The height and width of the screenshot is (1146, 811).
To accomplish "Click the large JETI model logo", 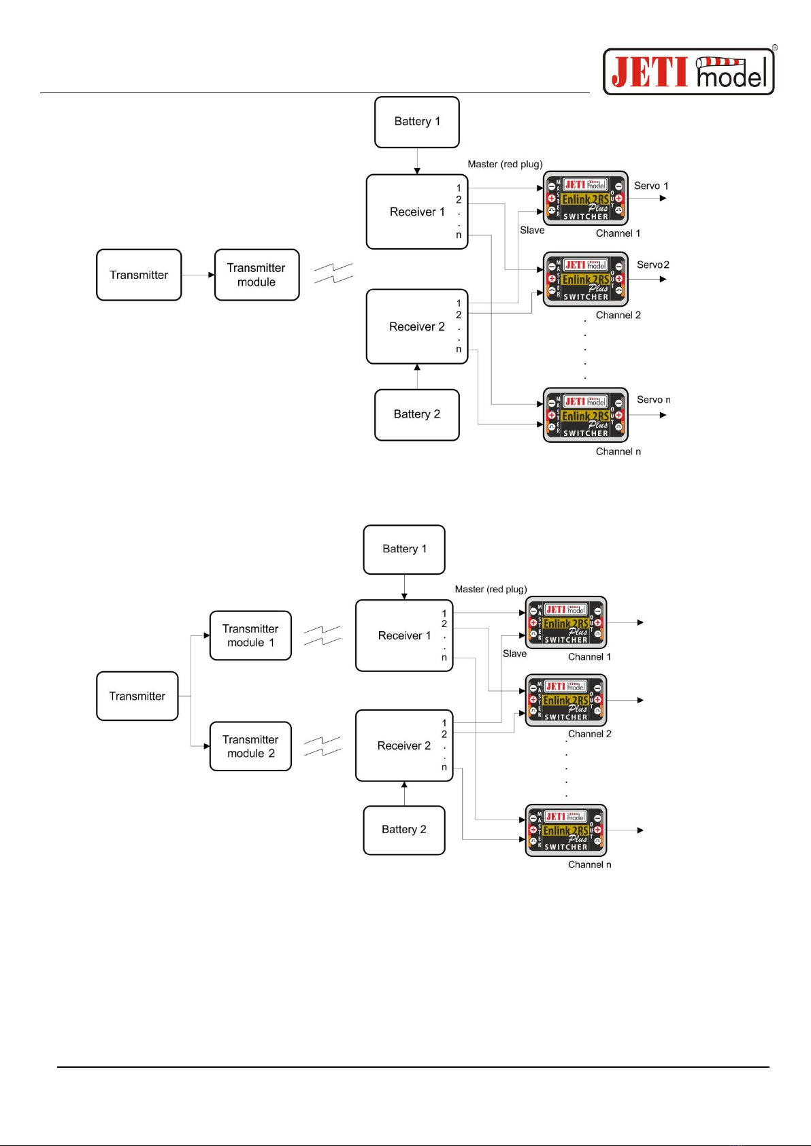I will (x=689, y=71).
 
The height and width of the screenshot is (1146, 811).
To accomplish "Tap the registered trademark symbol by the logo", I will (x=774, y=48).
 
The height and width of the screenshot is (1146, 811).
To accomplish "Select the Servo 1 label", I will (x=651, y=186).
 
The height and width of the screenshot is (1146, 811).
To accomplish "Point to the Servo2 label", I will (x=653, y=265).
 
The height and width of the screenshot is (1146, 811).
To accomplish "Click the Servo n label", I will (x=653, y=400).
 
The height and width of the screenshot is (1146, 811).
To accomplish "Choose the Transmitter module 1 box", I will (x=250, y=636).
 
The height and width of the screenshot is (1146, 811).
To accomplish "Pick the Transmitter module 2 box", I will (x=250, y=746).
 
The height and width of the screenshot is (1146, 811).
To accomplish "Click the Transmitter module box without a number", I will (x=256, y=275).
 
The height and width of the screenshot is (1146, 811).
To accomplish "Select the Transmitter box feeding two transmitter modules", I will (x=137, y=696).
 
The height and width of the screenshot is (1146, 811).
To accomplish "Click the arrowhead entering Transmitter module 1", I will (x=207, y=636).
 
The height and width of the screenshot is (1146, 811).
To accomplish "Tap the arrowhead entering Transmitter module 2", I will (x=207, y=746).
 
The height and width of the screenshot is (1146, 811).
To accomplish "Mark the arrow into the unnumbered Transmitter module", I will (x=211, y=275).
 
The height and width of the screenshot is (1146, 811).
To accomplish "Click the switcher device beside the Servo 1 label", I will (x=585, y=199).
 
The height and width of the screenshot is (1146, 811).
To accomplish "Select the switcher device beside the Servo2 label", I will (x=585, y=280).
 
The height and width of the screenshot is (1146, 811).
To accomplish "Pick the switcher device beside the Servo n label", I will (x=585, y=416).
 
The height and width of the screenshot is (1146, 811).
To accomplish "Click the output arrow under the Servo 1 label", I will (x=663, y=199).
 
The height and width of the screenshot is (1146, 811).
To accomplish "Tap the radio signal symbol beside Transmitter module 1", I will (x=322, y=636).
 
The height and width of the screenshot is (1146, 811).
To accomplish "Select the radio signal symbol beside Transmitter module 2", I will (x=322, y=746).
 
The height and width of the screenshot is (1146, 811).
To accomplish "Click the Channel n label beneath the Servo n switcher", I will (x=618, y=452).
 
